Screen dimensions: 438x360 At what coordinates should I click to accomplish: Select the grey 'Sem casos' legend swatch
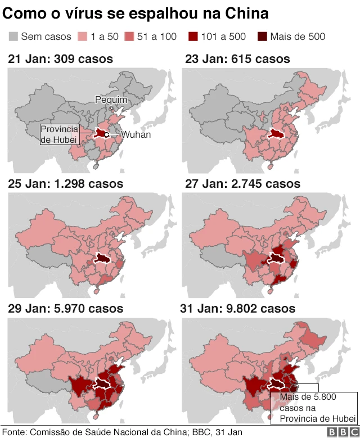tap(13, 37)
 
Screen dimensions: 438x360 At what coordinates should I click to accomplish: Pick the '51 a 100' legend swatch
tap(129, 37)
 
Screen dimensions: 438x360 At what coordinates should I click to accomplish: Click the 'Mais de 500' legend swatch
tap(263, 37)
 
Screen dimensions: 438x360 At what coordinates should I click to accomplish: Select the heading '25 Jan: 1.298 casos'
tap(65, 184)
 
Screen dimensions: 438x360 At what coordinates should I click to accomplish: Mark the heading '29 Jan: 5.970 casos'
tap(65, 309)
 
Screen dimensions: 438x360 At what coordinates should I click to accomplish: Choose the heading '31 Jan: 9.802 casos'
tap(237, 309)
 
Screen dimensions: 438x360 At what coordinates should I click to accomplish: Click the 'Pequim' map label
tap(111, 100)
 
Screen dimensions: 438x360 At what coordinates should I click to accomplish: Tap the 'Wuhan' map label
tap(136, 135)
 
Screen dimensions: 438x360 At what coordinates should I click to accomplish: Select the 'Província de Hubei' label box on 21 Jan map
tap(59, 135)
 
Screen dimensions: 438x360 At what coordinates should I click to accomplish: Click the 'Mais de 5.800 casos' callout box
tap(313, 407)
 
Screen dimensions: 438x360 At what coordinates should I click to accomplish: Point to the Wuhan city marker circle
tap(106, 135)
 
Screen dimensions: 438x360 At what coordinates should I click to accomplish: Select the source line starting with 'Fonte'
tap(122, 432)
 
